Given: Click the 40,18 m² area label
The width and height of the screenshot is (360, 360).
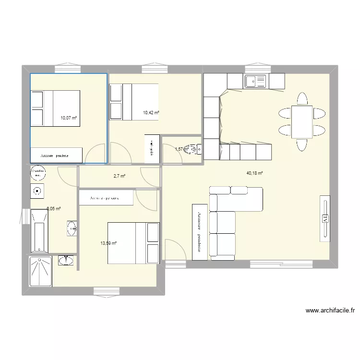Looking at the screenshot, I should pyautogui.click(x=255, y=173).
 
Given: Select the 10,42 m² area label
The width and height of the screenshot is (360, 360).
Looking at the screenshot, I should pyautogui.click(x=151, y=113).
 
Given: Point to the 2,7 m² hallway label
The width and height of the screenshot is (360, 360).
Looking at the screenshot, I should pyautogui.click(x=119, y=176).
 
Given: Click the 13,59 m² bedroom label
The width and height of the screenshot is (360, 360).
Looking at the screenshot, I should pyautogui.click(x=108, y=243).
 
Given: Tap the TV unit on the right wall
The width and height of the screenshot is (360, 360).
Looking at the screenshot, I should pyautogui.click(x=325, y=216).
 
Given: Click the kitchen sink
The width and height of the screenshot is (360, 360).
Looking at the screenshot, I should pyautogui.click(x=256, y=82).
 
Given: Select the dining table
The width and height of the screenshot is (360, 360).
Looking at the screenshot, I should pyautogui.click(x=301, y=121).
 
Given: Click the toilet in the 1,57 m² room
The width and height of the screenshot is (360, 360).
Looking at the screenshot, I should pyautogui.click(x=194, y=149).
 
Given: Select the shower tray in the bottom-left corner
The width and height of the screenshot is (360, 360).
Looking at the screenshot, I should pyautogui.click(x=40, y=272).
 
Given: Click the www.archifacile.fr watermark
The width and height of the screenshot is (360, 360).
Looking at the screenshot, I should pyautogui.click(x=331, y=311).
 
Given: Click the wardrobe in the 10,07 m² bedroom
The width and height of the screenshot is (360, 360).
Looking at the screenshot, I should pyautogui.click(x=56, y=155).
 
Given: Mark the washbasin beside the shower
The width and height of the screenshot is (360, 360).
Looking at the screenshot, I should pyautogui.click(x=66, y=260).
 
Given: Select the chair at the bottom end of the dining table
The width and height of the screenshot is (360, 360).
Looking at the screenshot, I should pyautogui.click(x=302, y=144).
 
